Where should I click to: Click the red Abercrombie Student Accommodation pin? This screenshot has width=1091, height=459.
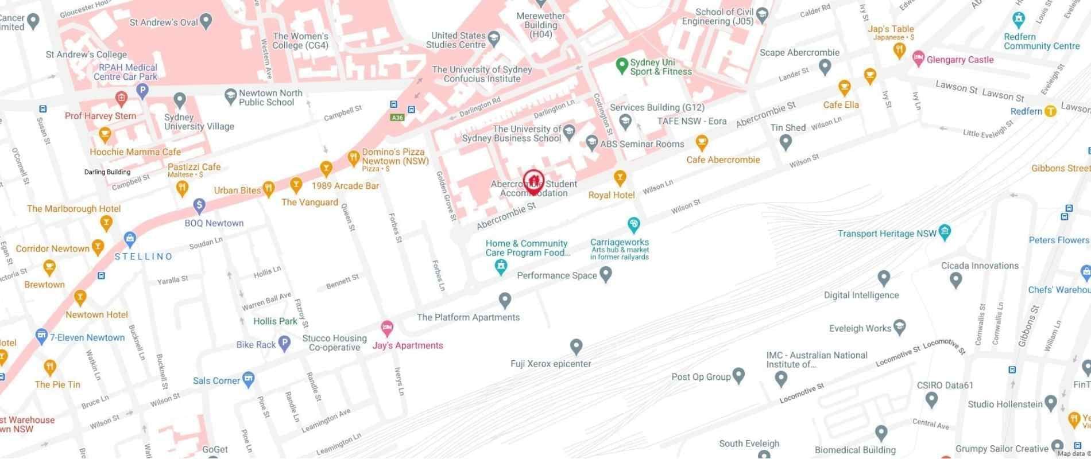click(x=533, y=181)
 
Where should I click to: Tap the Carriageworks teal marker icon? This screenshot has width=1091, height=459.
click(x=633, y=224)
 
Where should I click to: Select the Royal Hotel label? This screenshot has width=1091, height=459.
click(x=612, y=195)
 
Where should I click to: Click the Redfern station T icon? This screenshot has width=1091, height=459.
click(x=1050, y=111)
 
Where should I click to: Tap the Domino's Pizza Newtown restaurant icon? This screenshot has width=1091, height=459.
click(x=354, y=157)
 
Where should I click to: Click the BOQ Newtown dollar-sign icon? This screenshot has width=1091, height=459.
click(x=199, y=205)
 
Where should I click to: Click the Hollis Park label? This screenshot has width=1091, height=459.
click(x=275, y=321)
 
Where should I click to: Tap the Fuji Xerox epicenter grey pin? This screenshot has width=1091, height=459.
click(x=576, y=346)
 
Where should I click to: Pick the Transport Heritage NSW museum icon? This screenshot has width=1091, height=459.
click(x=945, y=232)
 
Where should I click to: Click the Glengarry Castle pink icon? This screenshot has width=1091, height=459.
click(x=918, y=59)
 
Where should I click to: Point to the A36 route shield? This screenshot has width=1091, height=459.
click(x=397, y=118)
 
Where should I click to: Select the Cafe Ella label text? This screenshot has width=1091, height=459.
click(x=841, y=105)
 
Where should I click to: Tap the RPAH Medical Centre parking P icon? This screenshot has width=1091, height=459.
click(x=142, y=90)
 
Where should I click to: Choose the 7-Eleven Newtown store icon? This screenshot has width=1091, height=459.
click(x=41, y=336)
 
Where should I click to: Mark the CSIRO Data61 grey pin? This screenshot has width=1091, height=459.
click(x=931, y=399)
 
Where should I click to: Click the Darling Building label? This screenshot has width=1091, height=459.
click(x=107, y=172)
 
